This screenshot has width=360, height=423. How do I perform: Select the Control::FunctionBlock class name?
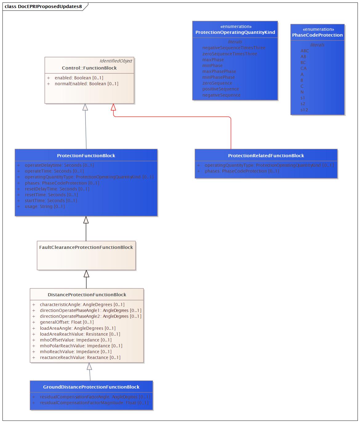pos(89,68)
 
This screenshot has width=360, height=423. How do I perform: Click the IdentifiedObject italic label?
pos(116,61)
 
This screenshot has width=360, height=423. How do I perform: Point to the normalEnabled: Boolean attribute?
pos(86,84)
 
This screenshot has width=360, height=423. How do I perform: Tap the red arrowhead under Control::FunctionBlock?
pos(113,107)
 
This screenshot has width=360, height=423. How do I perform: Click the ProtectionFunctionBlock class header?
pos(86,156)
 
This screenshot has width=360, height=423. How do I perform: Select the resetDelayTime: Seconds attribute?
pos(57,189)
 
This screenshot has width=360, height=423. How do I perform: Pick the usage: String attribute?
pos(45,206)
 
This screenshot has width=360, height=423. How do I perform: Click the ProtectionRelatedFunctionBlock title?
pos(266,156)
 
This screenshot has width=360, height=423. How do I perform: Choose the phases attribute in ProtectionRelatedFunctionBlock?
pos(242,171)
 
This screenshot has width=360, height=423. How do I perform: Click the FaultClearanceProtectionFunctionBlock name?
pos(86,247)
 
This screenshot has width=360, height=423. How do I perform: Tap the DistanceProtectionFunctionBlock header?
pos(87,295)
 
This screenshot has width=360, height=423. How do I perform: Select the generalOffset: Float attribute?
pos(66,322)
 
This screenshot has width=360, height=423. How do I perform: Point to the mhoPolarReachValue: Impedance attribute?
pos(81,346)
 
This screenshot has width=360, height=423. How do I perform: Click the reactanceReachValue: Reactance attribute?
pos(80,357)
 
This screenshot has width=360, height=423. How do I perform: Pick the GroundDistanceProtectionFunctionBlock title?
pos(91,387)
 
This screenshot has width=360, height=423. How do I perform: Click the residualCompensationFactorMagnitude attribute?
pos(94,403)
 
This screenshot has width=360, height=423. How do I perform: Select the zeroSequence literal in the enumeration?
pos(217,83)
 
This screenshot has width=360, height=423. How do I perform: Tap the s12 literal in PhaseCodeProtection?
pos(304,110)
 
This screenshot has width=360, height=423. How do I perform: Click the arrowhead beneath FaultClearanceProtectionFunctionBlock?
pos(86,274)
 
